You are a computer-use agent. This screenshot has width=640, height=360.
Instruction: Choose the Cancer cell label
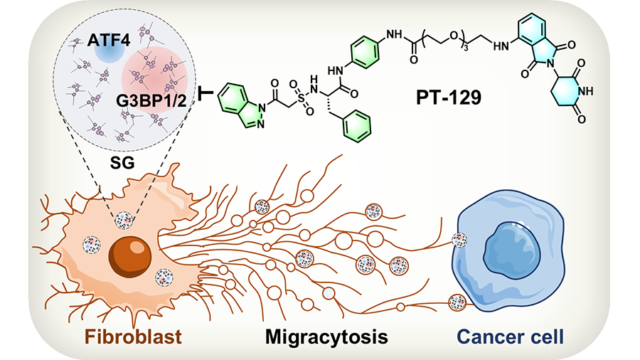(x=511, y=335)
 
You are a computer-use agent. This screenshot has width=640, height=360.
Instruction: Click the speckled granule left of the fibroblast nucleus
(x=92, y=246)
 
